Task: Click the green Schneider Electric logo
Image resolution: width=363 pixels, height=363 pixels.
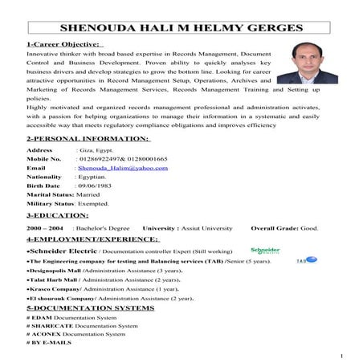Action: coord(265,250)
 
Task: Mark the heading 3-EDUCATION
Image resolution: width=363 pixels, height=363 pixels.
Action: coord(58,215)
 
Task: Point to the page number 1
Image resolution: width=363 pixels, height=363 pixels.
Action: coord(341,355)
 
